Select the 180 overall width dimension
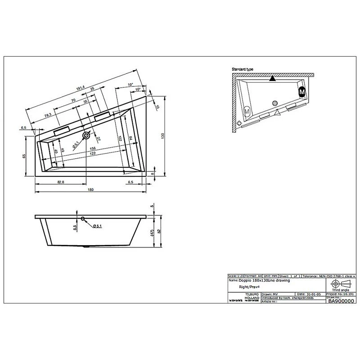click(90, 190)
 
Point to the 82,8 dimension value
click(61, 181)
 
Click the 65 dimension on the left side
click(23, 156)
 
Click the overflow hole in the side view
click(83, 219)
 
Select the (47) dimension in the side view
click(153, 233)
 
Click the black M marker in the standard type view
click(302, 92)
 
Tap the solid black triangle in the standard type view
click(272, 79)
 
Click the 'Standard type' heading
click(242, 69)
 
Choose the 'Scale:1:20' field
click(235, 275)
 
